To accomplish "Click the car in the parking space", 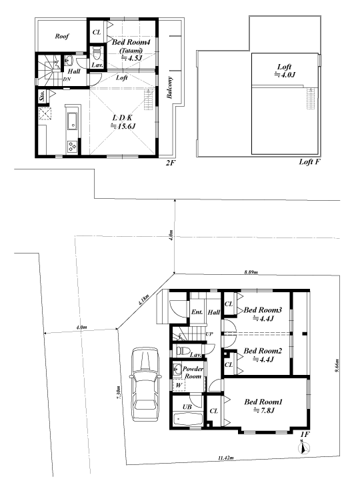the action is (145, 384).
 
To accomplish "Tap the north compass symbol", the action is (304, 448).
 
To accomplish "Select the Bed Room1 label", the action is (263, 406).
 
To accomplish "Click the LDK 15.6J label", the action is (123, 121).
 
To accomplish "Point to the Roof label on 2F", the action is (62, 36).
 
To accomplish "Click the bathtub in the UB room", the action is (188, 420).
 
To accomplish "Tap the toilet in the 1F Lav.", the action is (183, 351).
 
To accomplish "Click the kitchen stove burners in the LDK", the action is (73, 146).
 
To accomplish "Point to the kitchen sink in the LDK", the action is (73, 121).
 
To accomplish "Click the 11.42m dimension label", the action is (226, 458).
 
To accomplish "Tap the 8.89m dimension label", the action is (251, 272).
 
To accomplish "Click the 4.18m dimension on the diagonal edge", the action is (143, 300).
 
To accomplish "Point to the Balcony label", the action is (169, 88).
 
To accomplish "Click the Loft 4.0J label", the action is (285, 71).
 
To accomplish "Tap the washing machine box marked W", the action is (179, 385).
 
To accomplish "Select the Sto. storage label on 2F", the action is (43, 96).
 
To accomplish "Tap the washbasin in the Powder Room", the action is (178, 370).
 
